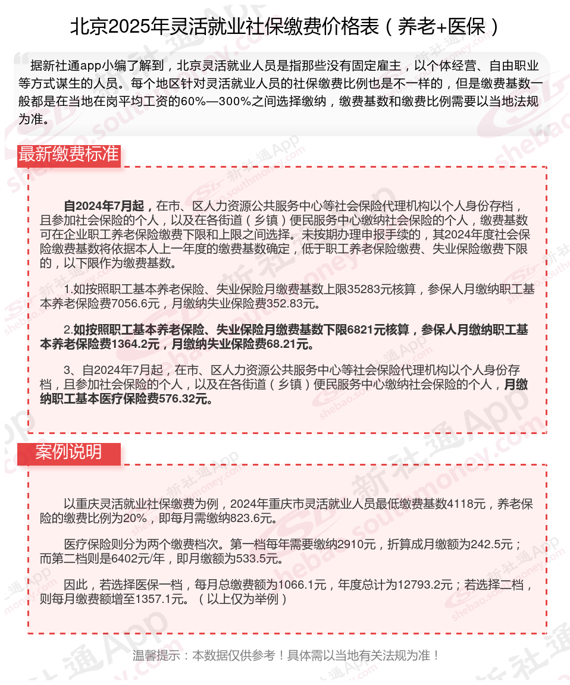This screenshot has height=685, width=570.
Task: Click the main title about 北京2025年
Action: point(284,27)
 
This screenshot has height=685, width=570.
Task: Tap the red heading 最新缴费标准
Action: point(68,154)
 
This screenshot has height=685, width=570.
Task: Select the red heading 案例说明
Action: point(68,453)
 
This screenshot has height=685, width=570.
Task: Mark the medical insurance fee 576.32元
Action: point(186,399)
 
